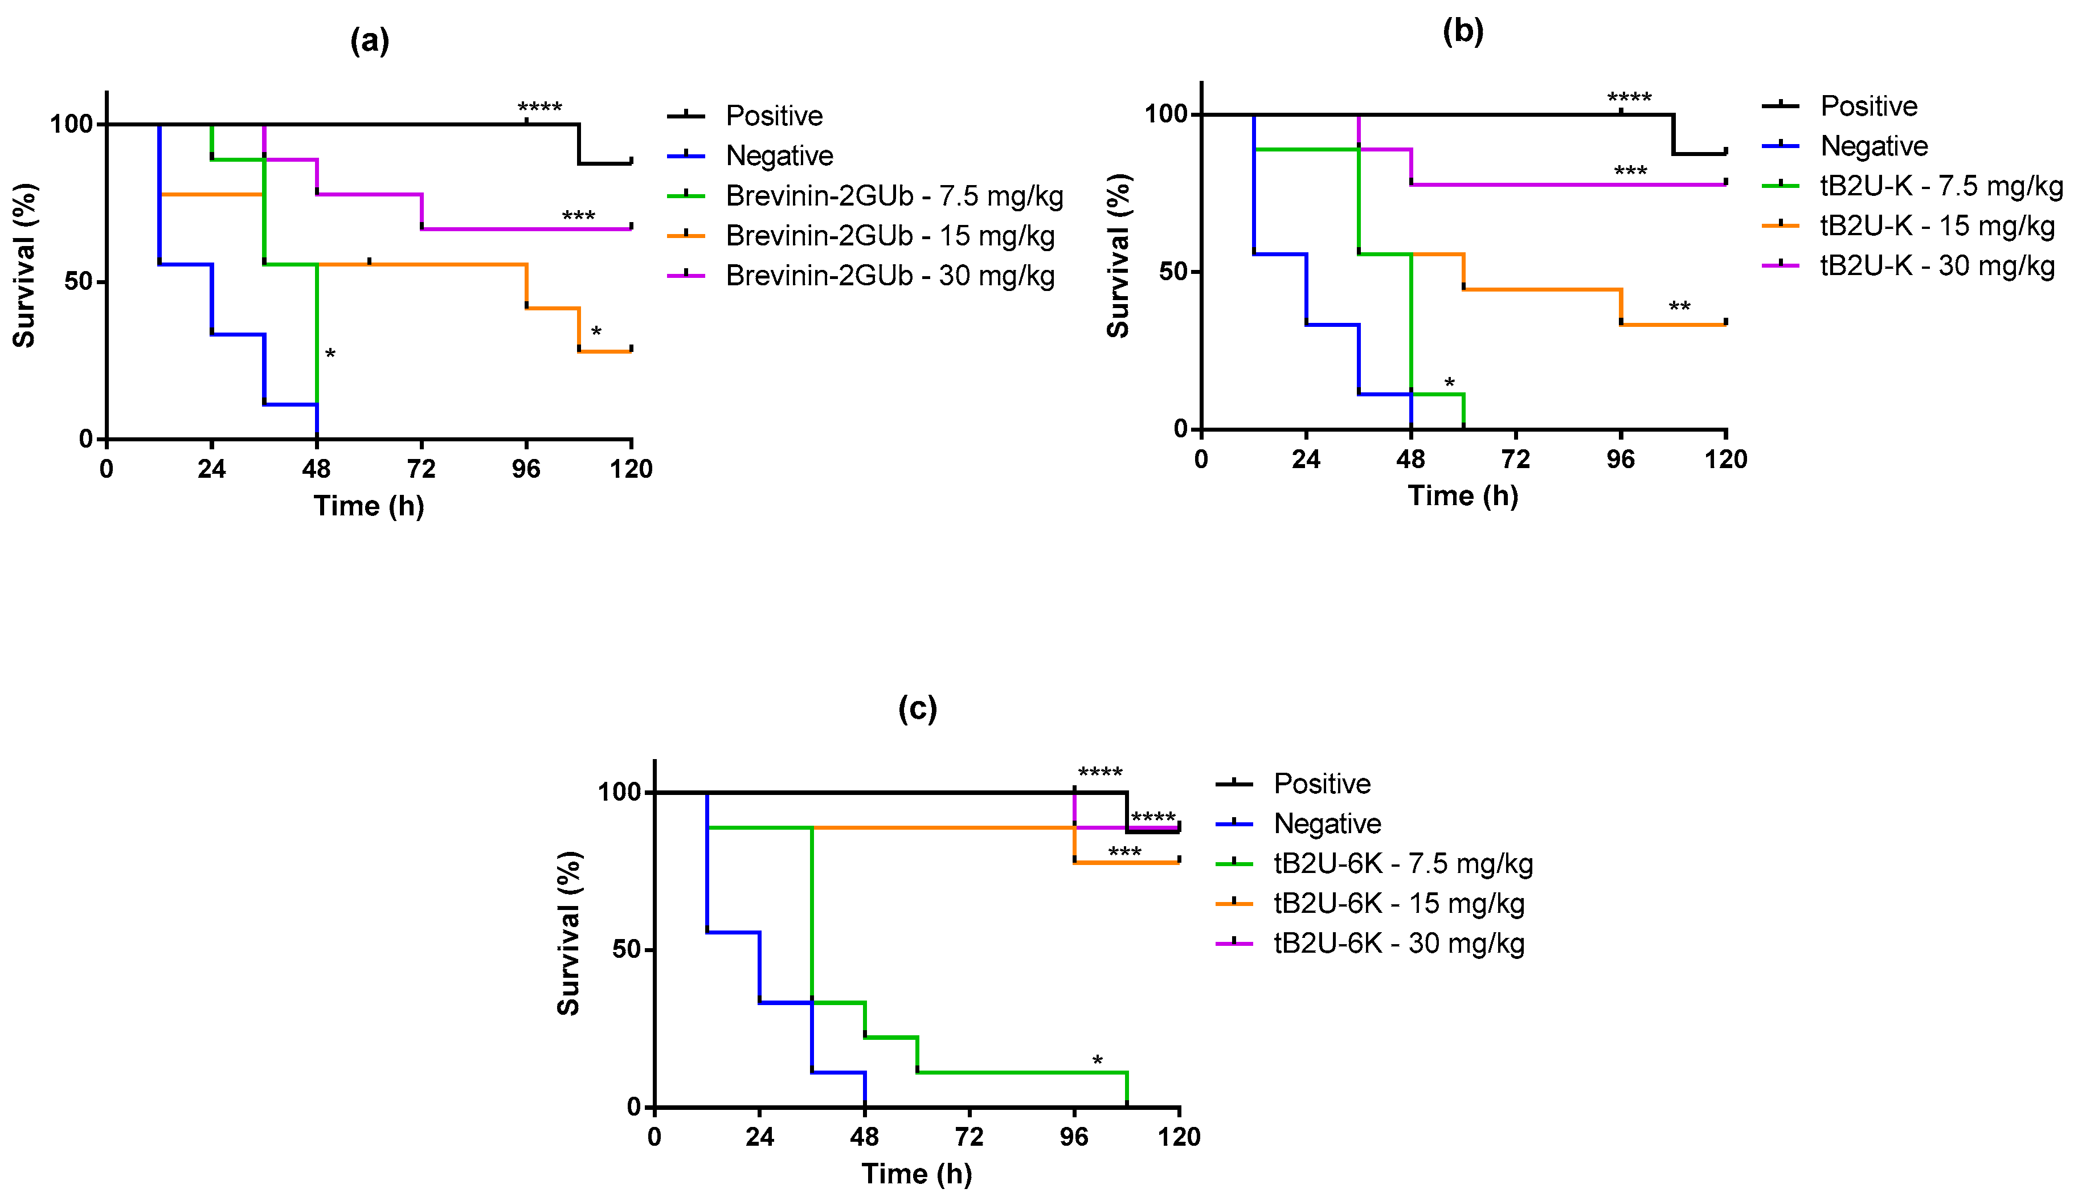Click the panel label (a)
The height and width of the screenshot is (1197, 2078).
369,40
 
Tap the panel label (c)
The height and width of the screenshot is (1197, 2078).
917,708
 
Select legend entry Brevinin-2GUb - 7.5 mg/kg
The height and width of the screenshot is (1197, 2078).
894,196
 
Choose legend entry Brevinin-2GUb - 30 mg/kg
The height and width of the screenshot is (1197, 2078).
890,276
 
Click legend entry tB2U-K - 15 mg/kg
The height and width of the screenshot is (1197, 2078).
1937,226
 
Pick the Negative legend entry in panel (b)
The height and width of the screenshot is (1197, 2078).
1874,146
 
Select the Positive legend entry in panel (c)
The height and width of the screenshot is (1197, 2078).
1322,784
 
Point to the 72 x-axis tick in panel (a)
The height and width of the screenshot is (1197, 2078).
421,469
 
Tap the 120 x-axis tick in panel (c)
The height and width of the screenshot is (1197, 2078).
1179,1137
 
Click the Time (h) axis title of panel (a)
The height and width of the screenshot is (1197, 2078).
369,506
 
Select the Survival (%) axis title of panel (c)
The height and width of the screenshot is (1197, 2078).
569,933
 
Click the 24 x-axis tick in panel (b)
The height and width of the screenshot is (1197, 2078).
1306,460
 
